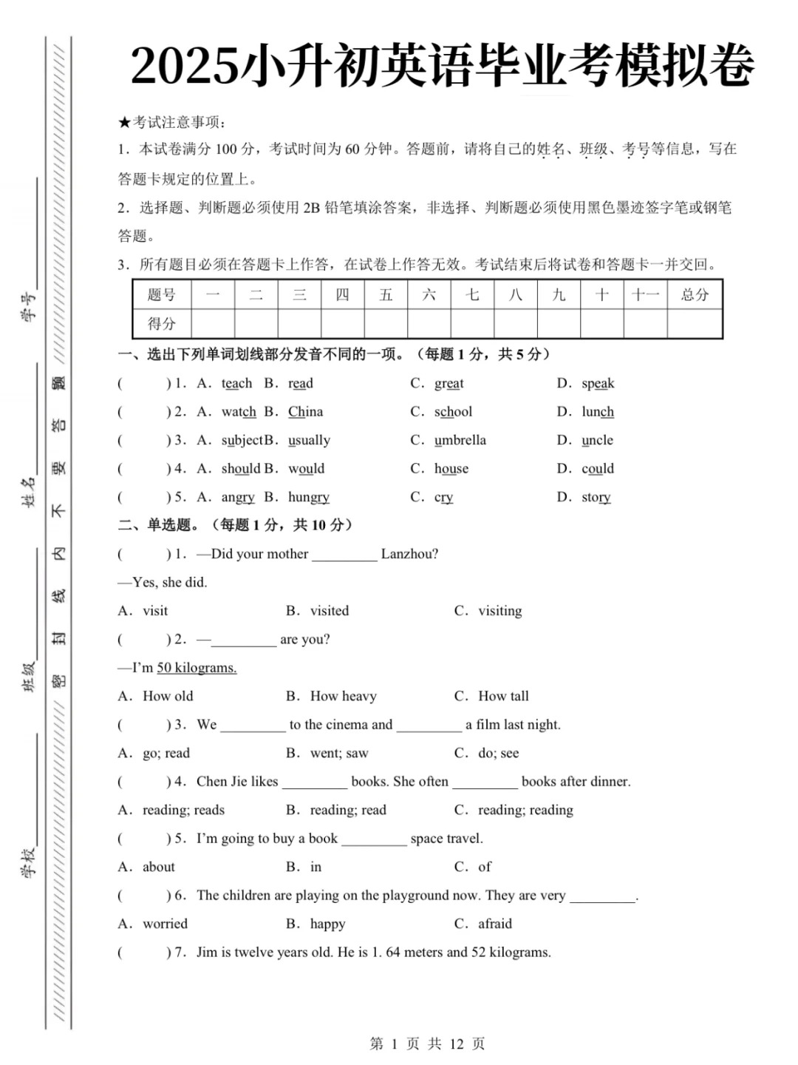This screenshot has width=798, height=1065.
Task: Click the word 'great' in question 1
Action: point(449,383)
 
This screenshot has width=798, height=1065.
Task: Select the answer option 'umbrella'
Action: point(460,440)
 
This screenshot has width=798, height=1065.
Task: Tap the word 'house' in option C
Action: point(451,468)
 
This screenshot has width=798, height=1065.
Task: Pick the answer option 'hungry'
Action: point(309,497)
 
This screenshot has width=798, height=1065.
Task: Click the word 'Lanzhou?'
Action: point(409,554)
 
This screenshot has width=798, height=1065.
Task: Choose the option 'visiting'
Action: point(499,611)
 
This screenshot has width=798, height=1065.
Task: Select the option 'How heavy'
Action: point(343,696)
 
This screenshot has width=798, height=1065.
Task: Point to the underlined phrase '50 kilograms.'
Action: point(197,668)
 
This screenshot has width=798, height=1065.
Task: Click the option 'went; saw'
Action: point(338,753)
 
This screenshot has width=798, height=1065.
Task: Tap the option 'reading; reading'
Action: point(525,810)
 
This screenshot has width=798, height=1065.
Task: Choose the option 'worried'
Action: point(165,924)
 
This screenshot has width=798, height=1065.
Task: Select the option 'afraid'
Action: point(494,924)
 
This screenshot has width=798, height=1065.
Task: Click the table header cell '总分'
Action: point(694,295)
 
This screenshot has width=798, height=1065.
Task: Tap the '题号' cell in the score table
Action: point(161,295)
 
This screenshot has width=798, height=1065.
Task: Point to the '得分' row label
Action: point(161,323)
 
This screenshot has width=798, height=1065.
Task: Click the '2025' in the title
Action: point(185,67)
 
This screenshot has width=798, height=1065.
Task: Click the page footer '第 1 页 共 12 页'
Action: point(427,1044)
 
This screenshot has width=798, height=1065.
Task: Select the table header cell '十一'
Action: point(645,295)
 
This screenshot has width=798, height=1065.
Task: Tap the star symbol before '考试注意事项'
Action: point(124,123)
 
